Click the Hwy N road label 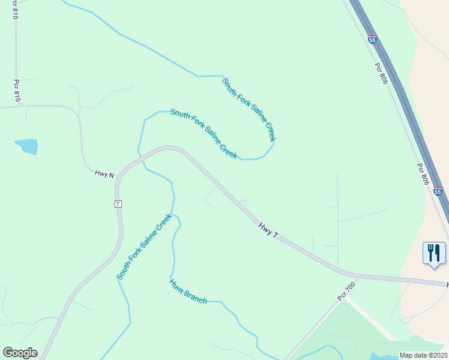coord(104,174)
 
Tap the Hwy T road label coord(268,230)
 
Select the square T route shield coord(118,204)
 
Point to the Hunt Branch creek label coord(188,292)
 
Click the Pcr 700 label coord(346,291)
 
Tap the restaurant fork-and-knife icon coord(434,252)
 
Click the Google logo coord(20,353)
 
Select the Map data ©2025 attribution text coord(423,355)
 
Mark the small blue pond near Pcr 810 coord(27,146)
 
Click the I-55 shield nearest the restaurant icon coord(438,191)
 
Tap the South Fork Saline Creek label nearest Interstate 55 coord(249,109)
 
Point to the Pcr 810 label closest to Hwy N coord(17,90)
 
